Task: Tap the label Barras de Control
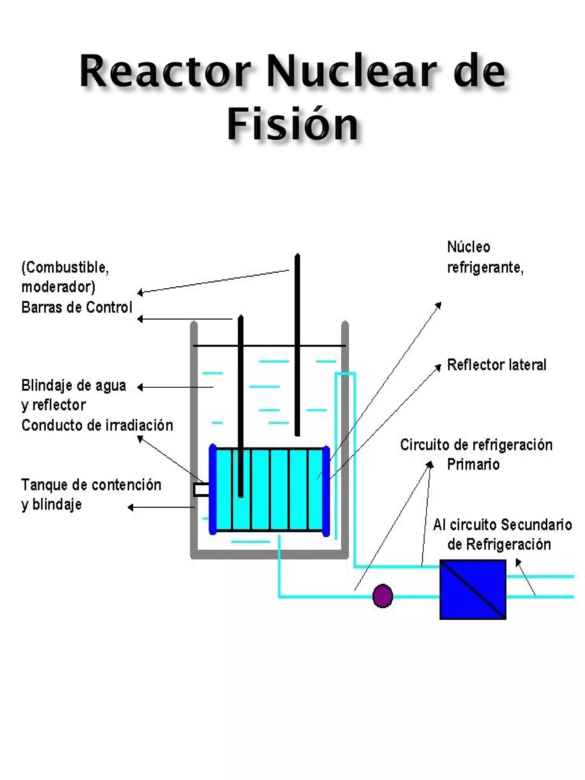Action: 77,308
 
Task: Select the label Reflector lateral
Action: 496,365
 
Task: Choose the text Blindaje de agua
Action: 74,385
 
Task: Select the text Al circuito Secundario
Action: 502,525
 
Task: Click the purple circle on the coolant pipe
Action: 382,596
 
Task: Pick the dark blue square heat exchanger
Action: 472,589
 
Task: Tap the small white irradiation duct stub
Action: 201,490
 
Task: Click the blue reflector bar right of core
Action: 326,491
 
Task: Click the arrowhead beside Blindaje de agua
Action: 140,387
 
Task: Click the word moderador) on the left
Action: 59,287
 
